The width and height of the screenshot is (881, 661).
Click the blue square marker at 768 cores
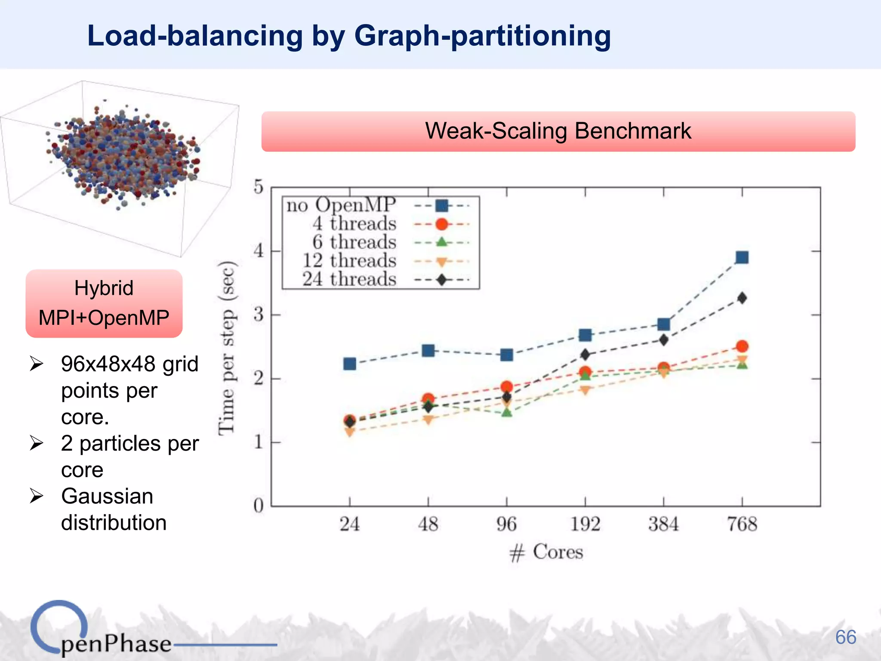tap(742, 257)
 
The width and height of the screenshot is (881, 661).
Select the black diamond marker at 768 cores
tap(742, 298)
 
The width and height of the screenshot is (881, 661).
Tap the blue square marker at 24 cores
tap(350, 364)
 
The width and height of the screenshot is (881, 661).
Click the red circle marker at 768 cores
tap(742, 346)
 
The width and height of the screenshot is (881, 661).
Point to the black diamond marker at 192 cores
tap(585, 355)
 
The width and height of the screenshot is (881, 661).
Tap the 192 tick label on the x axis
tap(585, 524)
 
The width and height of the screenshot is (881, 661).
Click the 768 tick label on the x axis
tap(742, 524)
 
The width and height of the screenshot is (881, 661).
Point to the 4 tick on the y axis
tap(258, 250)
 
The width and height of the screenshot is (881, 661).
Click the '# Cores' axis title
tap(546, 552)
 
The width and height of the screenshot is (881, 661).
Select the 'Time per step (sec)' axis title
tap(227, 348)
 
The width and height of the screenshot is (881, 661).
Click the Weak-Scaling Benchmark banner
tap(558, 131)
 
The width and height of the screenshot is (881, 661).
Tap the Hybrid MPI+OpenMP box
tap(104, 303)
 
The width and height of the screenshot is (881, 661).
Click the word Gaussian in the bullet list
tap(107, 496)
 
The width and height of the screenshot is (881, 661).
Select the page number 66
tap(845, 637)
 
